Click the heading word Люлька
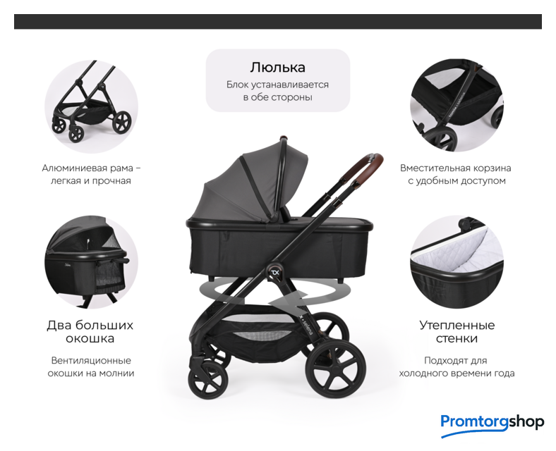click(277, 67)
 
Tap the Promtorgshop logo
click(492, 425)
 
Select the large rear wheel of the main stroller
click(335, 369)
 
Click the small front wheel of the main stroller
click(207, 380)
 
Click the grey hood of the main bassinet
click(252, 184)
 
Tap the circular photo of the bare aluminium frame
click(91, 106)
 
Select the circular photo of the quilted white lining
click(457, 262)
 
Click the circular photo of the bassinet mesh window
click(91, 262)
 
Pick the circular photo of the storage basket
click(457, 106)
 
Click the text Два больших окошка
click(90, 332)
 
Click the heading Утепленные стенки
click(457, 332)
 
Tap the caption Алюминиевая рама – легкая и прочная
click(91, 174)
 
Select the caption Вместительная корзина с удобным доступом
click(456, 174)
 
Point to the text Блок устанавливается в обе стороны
click(277, 91)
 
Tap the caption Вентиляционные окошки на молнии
click(91, 366)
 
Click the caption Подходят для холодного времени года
click(457, 366)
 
